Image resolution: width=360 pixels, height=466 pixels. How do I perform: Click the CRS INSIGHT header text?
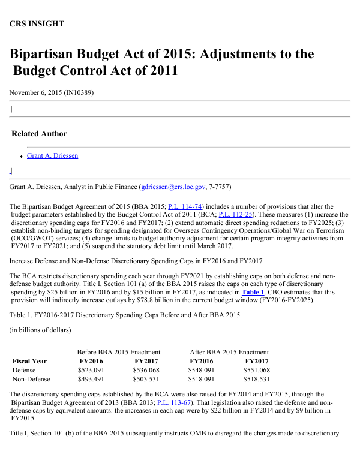[37, 24]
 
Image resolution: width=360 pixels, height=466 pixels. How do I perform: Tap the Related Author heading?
[39, 133]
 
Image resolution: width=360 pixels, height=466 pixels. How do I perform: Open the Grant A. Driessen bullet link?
[52, 156]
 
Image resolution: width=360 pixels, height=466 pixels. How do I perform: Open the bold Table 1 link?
[253, 292]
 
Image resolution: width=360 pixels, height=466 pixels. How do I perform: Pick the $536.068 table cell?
[146, 370]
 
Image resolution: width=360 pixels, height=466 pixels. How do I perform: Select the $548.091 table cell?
[202, 370]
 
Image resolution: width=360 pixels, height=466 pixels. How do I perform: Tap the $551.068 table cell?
[257, 370]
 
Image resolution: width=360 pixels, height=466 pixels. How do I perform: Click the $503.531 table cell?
[146, 379]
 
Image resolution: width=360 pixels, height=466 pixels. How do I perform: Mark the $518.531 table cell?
[257, 379]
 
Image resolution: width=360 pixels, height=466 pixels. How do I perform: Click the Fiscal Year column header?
[29, 361]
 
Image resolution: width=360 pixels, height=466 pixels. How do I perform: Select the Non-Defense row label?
[31, 379]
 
